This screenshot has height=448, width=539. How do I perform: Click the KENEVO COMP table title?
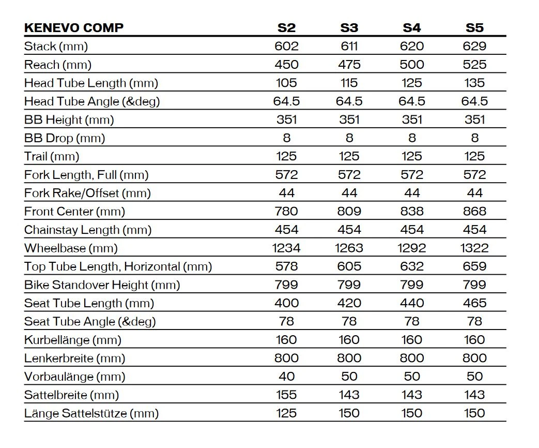74,27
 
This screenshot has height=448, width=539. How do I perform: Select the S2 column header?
286,28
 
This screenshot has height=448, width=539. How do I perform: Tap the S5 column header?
474,28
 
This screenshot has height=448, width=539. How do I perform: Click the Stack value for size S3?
349,46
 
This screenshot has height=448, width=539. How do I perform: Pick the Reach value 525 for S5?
474,65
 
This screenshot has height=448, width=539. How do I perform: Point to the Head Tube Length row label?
91,83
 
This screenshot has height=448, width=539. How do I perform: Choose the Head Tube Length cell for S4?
412,83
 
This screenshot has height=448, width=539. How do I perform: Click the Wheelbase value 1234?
286,248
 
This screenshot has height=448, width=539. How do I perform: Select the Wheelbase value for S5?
474,248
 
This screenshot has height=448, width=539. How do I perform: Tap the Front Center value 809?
349,211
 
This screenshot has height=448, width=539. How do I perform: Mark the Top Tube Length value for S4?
412,266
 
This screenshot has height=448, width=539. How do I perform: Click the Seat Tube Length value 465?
474,303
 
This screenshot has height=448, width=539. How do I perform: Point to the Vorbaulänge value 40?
286,377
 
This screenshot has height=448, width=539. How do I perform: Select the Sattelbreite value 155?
286,395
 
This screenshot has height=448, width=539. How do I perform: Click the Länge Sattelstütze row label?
91,413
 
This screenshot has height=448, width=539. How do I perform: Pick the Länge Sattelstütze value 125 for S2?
286,413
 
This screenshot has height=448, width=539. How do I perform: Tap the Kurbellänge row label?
73,340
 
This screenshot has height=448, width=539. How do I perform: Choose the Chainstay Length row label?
88,230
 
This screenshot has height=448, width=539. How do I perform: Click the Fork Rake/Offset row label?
87,193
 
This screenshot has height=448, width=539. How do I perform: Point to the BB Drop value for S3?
349,138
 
